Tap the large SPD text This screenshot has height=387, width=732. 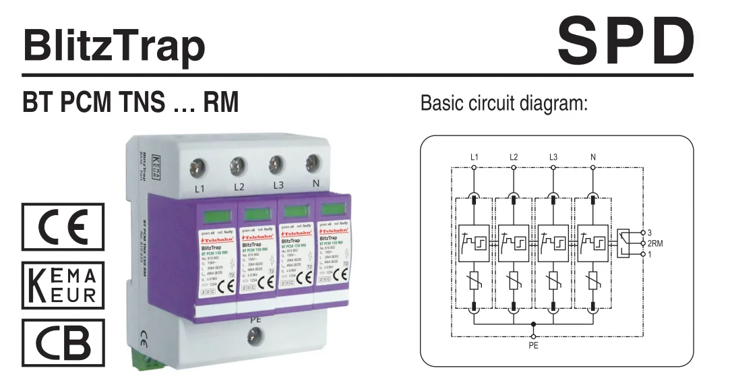pos(626,40)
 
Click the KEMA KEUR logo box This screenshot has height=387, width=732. pos(63,285)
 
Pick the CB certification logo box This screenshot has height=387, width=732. pos(63,342)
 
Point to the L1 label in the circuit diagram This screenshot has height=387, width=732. pos(475,157)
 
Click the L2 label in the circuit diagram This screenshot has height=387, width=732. pos(514,157)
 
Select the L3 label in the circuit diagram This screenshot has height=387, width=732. pos(553,157)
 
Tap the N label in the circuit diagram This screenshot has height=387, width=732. pos(593,157)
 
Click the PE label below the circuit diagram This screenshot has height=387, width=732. pos(534,346)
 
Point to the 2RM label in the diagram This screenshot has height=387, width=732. pos(656,243)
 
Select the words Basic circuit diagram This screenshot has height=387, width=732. pos(505,105)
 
